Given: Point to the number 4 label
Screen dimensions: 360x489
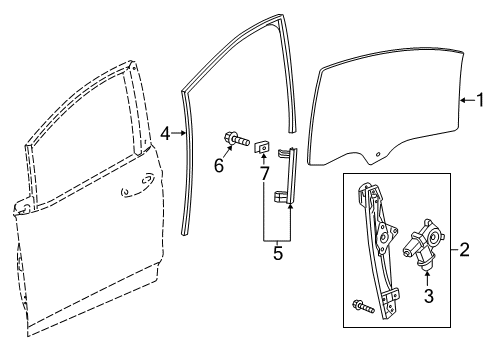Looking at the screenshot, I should (166, 133).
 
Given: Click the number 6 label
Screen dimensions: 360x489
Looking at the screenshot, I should (219, 166).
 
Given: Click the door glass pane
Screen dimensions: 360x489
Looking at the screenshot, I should (390, 110).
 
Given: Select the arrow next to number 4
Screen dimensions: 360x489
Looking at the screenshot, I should (180, 133).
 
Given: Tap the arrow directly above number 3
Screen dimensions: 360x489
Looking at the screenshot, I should (430, 278).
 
